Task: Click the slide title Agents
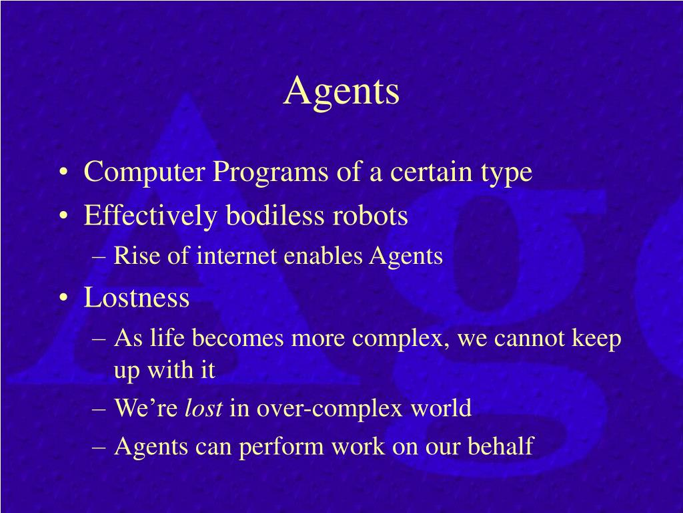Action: tap(341, 92)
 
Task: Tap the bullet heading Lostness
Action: tap(137, 298)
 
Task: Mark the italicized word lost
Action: tap(203, 407)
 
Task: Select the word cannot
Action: tap(532, 339)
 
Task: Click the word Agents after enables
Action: tap(406, 256)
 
